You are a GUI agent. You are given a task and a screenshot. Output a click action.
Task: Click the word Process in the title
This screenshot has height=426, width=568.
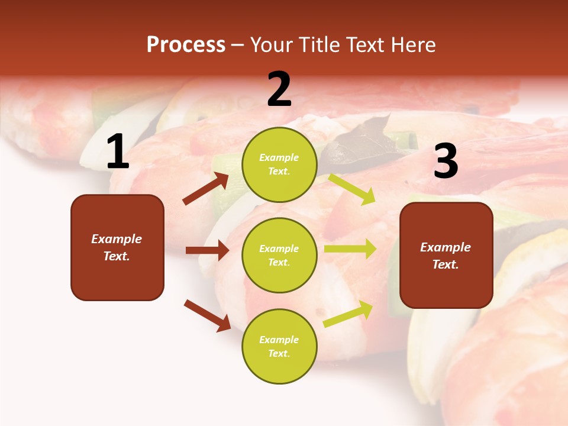(x=186, y=45)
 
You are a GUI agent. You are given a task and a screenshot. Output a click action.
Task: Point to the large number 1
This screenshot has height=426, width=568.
(x=117, y=152)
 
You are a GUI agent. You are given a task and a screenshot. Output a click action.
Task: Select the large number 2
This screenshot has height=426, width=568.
(x=279, y=89)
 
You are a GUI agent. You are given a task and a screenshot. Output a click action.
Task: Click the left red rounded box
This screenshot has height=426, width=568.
(x=117, y=247)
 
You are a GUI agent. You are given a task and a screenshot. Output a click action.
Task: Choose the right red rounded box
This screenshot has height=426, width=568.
(x=446, y=255)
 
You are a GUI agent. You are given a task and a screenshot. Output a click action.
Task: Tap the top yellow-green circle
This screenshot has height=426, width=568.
(x=279, y=164)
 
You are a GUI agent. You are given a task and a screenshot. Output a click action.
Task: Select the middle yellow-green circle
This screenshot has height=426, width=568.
(x=279, y=255)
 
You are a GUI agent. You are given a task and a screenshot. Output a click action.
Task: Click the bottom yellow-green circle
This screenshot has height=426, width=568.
(x=279, y=346)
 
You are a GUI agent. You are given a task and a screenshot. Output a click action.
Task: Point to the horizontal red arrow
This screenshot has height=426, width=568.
(x=207, y=250)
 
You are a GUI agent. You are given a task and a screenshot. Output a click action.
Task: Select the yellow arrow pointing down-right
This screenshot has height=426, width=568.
(x=352, y=189)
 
